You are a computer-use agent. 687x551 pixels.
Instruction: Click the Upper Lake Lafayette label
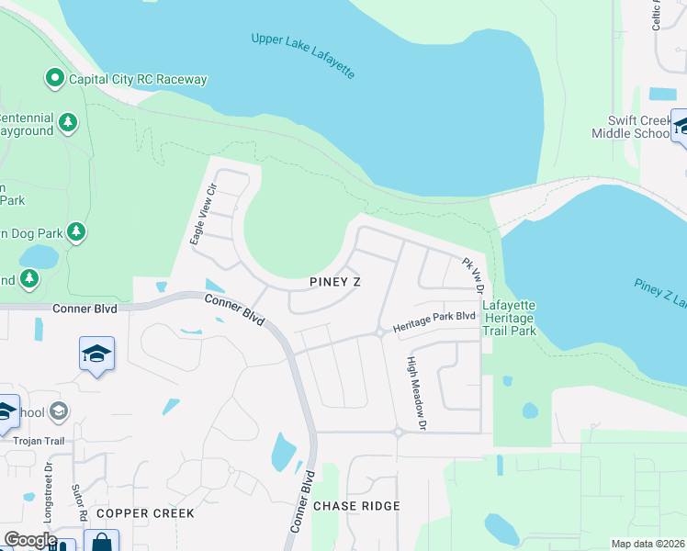pyautogui.click(x=302, y=56)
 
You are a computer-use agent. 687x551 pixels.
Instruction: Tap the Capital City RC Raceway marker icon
pyautogui.click(x=55, y=79)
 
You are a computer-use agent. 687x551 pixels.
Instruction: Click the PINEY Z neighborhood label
pyautogui.click(x=334, y=282)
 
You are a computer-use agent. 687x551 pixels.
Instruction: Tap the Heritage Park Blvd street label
pyautogui.click(x=434, y=320)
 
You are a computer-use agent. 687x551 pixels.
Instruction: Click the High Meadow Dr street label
pyautogui.click(x=418, y=393)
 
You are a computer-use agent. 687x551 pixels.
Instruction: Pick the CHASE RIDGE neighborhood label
pyautogui.click(x=356, y=506)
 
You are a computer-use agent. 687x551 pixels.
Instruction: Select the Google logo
pyautogui.click(x=30, y=540)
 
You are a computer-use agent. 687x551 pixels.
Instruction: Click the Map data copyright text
pyautogui.click(x=648, y=544)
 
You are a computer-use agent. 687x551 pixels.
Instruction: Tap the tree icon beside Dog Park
pyautogui.click(x=77, y=231)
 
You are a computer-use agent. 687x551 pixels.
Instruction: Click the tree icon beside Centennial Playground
pyautogui.click(x=68, y=122)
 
